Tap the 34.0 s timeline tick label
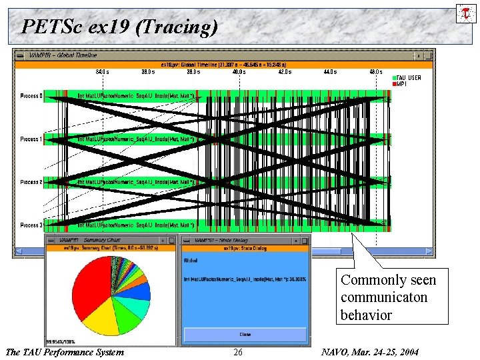coord(102,72)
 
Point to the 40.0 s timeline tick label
coord(239,72)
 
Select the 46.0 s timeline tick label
coord(376,72)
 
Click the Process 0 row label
coord(31,96)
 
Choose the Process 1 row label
coord(31,139)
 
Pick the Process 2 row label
coord(31,181)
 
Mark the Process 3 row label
coord(31,225)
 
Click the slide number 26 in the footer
coord(238,352)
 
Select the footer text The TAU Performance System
coord(64,352)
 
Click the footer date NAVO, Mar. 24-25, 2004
coord(369,352)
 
